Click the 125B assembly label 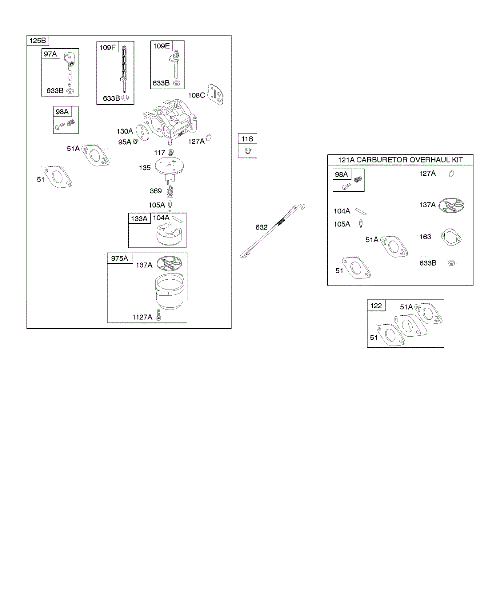coord(37,41)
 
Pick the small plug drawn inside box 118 coord(247,150)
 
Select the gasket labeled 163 coord(451,237)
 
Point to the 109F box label coord(107,47)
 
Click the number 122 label coord(377,306)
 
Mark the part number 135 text coord(145,168)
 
